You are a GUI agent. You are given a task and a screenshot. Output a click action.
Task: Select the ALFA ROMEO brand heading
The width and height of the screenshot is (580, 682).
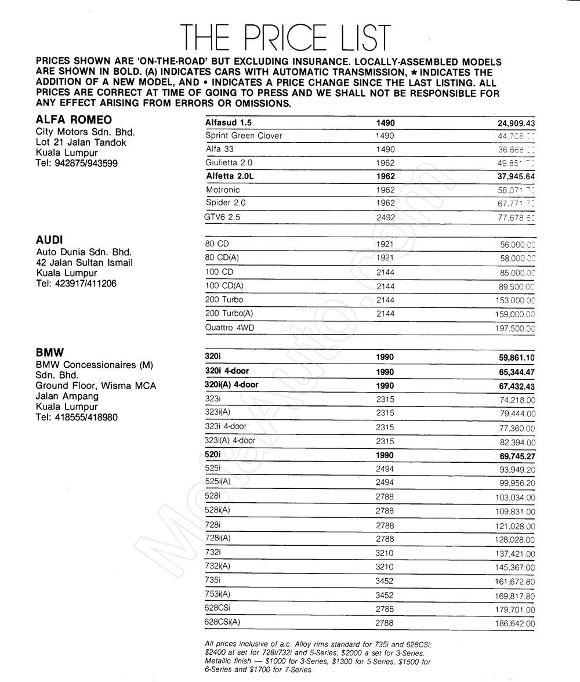coord(74,120)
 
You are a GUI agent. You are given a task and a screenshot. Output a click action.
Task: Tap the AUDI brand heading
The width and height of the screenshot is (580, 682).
coord(49,240)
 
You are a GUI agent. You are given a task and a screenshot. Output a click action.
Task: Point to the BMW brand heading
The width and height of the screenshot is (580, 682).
coord(50,352)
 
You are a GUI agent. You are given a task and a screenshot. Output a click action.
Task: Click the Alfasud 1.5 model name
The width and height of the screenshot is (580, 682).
coord(229,123)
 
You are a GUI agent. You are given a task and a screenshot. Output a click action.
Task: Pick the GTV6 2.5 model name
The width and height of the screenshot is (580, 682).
coord(222,217)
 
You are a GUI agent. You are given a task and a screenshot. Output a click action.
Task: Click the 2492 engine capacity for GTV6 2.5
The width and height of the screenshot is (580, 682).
coord(385,217)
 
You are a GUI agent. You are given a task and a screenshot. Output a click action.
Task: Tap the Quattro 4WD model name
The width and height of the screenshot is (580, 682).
coord(230,327)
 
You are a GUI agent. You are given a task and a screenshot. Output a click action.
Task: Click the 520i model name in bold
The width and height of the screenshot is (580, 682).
coord(213,455)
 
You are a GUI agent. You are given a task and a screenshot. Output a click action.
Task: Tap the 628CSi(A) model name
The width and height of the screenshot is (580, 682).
coord(222,622)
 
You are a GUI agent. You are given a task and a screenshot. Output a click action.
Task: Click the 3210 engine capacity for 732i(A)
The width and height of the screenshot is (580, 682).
coord(385,567)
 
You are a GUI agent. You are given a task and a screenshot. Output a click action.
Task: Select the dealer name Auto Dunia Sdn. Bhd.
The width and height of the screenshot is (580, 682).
coord(84,252)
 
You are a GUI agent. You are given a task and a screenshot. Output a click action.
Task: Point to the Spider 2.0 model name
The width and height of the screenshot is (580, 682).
coord(226,202)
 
